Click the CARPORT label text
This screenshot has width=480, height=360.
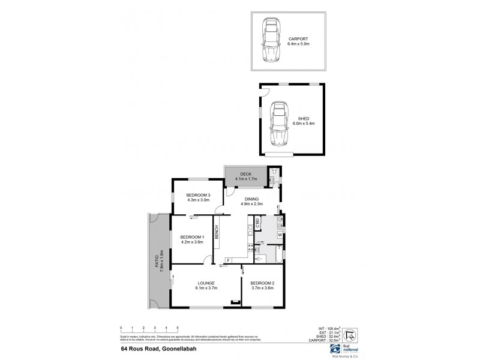(301, 37)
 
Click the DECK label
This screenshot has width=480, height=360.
(247, 173)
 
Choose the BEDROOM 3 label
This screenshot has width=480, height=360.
(198, 196)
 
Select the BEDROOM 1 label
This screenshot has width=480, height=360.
(193, 237)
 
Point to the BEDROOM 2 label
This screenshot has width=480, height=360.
(262, 283)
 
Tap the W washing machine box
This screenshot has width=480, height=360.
(280, 235)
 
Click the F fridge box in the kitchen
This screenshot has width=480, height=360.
(228, 260)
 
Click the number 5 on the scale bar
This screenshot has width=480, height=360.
(178, 328)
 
